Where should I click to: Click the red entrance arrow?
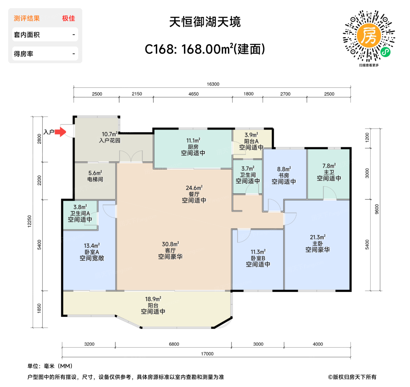[60, 132]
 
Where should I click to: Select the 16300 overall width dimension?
[213, 84]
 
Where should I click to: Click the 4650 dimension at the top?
[193, 94]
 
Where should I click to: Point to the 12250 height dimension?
[29, 221]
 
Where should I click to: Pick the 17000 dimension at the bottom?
[207, 354]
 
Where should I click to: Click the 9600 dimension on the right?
[377, 209]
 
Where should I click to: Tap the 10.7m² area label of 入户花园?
[110, 134]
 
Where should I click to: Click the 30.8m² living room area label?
[170, 244]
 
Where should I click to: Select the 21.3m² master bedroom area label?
[317, 237]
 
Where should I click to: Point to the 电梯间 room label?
[95, 179]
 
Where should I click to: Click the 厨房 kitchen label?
[193, 147]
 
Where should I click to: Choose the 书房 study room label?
[283, 175]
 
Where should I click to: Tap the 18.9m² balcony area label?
[153, 299]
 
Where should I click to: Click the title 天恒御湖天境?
[205, 22]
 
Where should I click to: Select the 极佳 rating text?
[69, 18]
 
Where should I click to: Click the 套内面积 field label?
[27, 35]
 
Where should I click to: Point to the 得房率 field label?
[23, 54]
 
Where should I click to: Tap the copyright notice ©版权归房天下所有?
[352, 377]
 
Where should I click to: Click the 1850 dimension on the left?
[39, 308]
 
